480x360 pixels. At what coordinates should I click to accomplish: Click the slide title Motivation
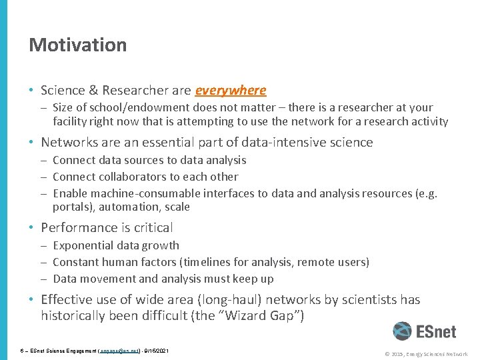[x=77, y=45]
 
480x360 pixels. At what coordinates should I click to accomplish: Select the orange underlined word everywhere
[x=230, y=90]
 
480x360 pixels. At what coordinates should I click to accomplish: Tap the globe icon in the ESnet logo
[x=402, y=331]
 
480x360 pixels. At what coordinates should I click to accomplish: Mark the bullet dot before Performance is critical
[x=32, y=228]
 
